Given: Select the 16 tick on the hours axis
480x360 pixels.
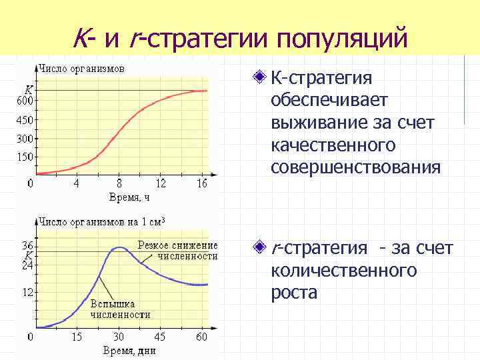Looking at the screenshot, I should pos(202,184).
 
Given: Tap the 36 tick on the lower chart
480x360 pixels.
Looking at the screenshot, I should pos(29,245).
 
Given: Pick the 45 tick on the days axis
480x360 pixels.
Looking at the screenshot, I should pos(160,337).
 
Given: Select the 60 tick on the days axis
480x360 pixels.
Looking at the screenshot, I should pos(201,337).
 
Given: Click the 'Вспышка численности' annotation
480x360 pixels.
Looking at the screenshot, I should pos(120,309).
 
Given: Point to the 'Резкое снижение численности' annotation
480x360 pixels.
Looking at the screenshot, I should pos(177,251).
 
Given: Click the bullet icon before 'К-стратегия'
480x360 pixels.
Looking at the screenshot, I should pos(259,79).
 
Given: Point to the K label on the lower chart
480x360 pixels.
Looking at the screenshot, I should pos(29,255).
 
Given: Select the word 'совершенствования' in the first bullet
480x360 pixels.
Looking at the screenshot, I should pos(355,167).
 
